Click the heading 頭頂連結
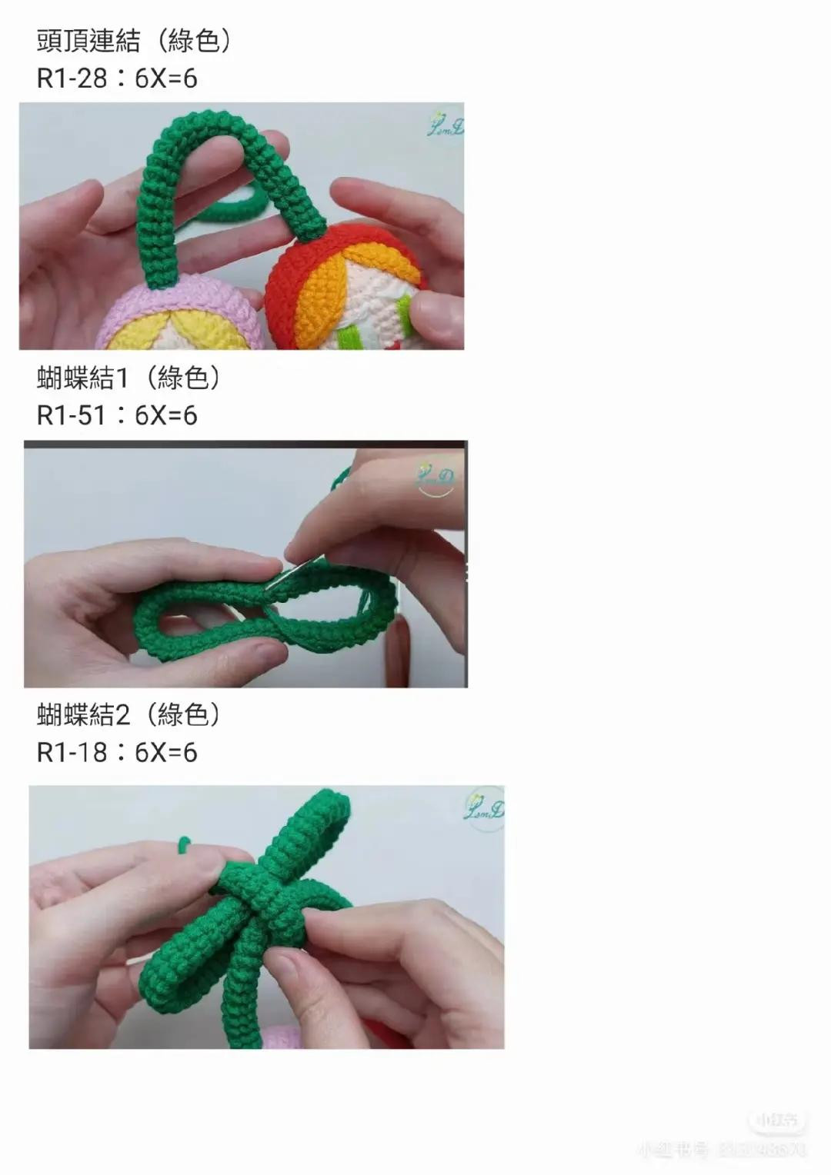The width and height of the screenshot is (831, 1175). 88,40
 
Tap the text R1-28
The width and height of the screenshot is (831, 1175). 72,78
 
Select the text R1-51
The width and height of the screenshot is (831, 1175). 71,415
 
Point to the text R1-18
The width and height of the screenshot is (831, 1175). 72,752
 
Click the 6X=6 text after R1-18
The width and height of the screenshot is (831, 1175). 165,752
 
